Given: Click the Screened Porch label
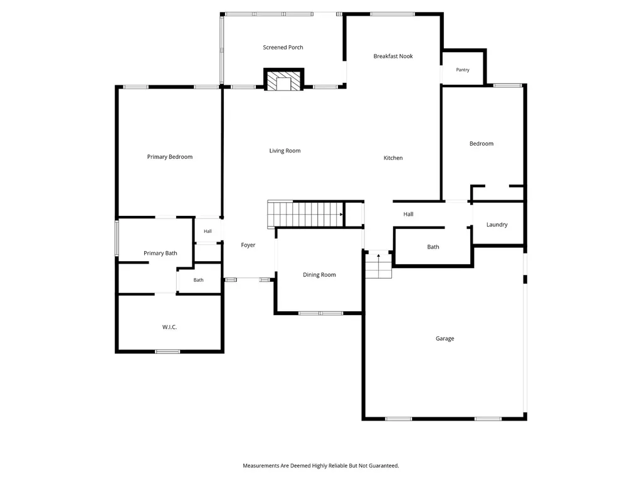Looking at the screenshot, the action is [x=283, y=48].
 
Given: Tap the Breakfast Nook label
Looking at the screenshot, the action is [x=393, y=56].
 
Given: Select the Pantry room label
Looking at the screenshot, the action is [x=463, y=70].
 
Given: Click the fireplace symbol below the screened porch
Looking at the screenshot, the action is [x=283, y=80].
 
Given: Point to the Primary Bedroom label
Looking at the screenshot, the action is [x=169, y=157].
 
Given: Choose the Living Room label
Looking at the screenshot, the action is [x=285, y=151].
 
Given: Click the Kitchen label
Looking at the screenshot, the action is [x=393, y=158].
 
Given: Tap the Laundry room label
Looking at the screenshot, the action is [x=497, y=225].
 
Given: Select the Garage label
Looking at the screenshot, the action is [x=445, y=338].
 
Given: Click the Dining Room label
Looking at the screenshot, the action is [x=319, y=275].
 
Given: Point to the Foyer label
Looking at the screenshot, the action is [x=248, y=245].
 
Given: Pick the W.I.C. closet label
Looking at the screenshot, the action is [x=169, y=327].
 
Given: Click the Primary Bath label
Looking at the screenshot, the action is [x=160, y=254].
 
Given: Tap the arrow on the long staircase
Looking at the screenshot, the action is [x=341, y=215].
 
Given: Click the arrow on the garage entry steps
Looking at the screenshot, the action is [x=379, y=256].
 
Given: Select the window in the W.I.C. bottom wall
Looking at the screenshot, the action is [x=167, y=351].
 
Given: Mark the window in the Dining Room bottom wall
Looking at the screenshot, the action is [x=320, y=314].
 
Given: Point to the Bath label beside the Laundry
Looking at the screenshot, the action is [x=433, y=247].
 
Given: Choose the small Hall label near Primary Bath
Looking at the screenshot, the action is [x=208, y=232].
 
